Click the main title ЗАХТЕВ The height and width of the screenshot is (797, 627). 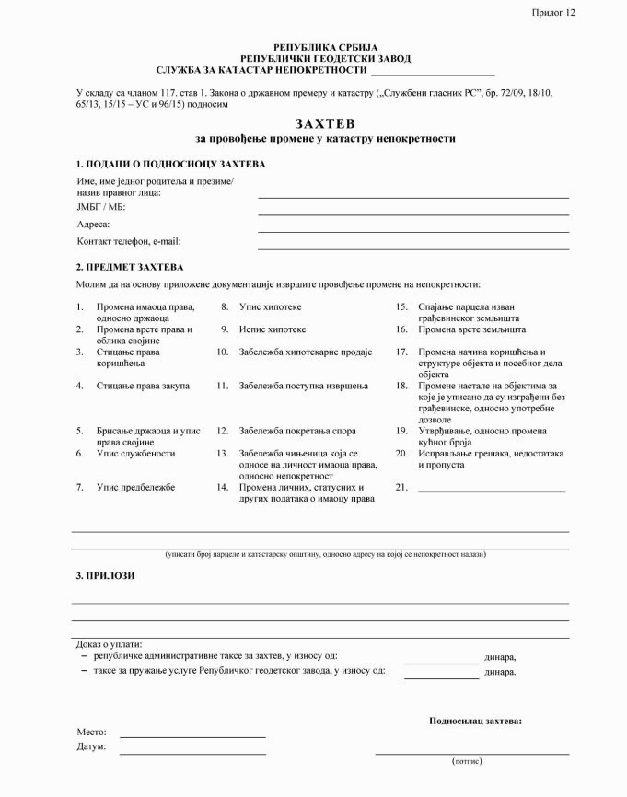coord(325,122)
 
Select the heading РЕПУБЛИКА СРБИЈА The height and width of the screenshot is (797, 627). coord(325,47)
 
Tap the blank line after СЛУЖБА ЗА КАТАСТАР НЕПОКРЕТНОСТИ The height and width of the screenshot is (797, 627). coord(432,73)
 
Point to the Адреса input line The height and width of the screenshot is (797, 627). coord(412,231)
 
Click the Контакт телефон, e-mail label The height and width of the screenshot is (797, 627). coord(129,241)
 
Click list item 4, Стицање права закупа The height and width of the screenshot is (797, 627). coord(143,385)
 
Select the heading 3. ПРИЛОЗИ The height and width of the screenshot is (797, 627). coord(105,575)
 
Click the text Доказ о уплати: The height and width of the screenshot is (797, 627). coord(116,644)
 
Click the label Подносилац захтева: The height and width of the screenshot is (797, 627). coord(475,721)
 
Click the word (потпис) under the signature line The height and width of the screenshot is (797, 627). coord(467,762)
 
